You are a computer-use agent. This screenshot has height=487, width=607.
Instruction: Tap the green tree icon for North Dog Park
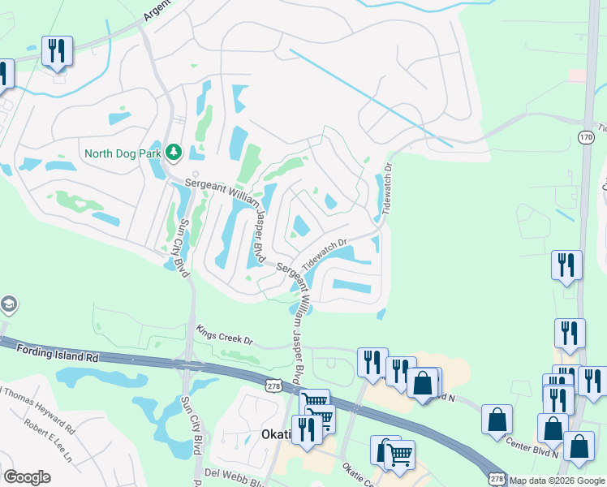[172, 152]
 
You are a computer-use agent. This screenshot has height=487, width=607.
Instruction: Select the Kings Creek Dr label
[225, 335]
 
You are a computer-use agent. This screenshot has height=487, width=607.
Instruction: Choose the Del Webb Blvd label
[235, 473]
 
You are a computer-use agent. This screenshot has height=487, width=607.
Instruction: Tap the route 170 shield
[586, 139]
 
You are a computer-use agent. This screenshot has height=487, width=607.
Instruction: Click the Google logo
[27, 477]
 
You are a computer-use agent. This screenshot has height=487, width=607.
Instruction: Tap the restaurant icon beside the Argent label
[57, 51]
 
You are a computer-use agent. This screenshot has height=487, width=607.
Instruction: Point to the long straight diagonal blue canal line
[370, 98]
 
